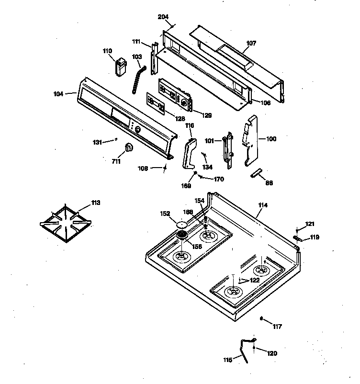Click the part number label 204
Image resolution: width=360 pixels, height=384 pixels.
coord(163,17)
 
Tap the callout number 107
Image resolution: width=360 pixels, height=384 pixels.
coord(251,43)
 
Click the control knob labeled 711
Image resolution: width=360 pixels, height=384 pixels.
coord(128,148)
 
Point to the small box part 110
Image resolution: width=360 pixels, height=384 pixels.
coord(120,66)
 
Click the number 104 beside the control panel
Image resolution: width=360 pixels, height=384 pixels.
coord(58,94)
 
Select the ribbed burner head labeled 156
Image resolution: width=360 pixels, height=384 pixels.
coord(182,235)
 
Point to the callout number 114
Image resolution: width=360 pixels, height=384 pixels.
coord(262,205)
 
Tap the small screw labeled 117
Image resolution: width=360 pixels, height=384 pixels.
coord(261,318)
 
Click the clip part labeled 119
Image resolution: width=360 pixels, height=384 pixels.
coord(296,237)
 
